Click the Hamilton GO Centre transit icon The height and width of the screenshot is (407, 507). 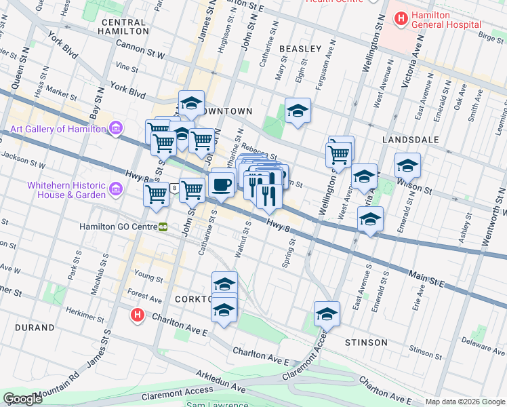point(163,227)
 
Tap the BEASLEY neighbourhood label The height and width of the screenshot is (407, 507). point(300,49)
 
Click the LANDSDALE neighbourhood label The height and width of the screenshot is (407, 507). point(410,139)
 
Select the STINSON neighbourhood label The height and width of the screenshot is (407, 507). point(366,343)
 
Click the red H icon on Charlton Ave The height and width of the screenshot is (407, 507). point(138,315)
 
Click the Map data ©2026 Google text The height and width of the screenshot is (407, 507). point(465,402)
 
